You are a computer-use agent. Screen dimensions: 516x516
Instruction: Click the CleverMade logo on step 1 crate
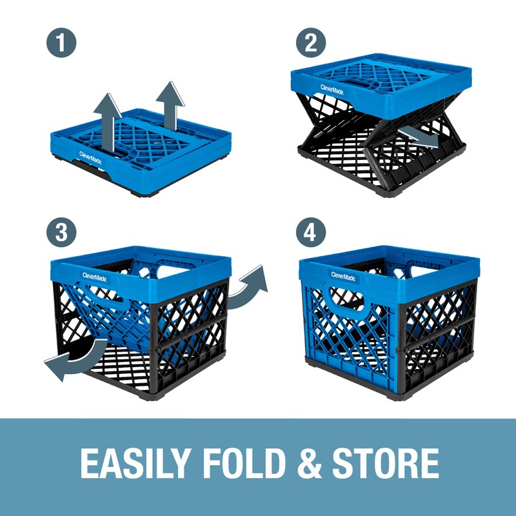click(90, 155)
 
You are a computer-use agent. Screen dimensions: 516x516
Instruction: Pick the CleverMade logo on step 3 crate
click(95, 275)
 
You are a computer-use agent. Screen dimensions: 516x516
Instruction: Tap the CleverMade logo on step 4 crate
click(342, 275)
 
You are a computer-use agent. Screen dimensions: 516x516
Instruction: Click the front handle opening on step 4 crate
click(348, 301)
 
